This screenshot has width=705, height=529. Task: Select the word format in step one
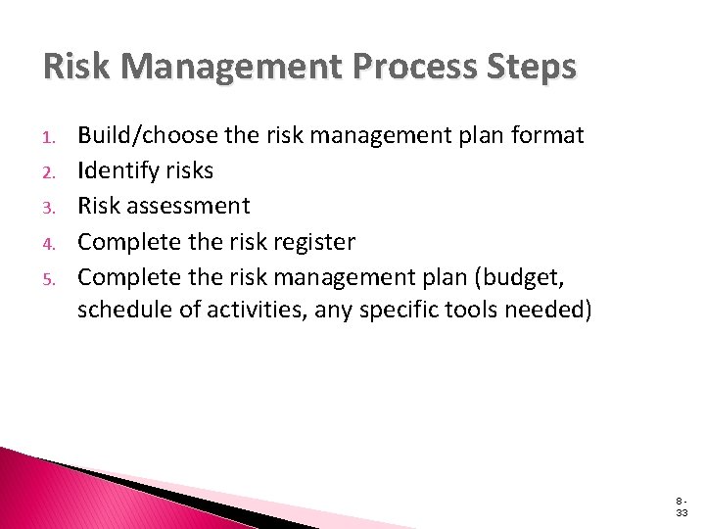click(x=551, y=136)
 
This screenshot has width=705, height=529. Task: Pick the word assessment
click(x=192, y=207)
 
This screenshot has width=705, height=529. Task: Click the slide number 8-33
click(x=680, y=505)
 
